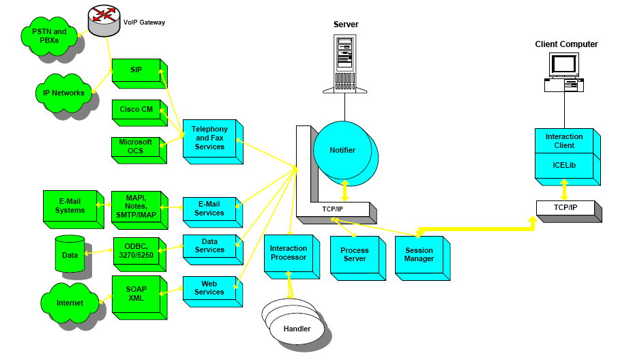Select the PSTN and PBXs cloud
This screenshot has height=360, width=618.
50,35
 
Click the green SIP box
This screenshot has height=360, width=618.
136,70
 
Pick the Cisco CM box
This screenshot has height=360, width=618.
136,109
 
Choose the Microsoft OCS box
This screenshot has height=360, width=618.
136,147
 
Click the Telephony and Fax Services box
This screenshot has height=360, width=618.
209,138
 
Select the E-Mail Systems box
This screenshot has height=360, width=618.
68,206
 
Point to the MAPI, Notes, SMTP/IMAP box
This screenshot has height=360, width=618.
136,206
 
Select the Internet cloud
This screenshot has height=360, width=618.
70,303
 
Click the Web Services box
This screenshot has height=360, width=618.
208,288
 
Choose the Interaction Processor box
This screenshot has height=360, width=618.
289,253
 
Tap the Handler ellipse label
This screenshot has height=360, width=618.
297,329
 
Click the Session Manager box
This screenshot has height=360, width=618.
419,255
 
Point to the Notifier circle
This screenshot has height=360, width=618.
342,150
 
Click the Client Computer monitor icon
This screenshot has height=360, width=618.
564,65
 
